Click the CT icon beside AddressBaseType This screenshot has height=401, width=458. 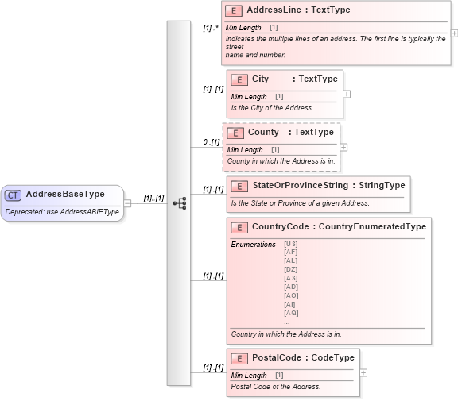click(x=14, y=195)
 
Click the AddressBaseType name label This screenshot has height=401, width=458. click(x=65, y=195)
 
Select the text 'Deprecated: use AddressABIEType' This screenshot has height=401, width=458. click(x=62, y=212)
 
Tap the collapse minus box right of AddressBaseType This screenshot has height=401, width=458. click(x=127, y=203)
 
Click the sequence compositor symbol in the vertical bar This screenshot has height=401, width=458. click(x=179, y=203)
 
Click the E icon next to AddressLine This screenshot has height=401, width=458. click(x=235, y=11)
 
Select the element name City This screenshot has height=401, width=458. click(x=260, y=79)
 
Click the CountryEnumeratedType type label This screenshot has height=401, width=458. click(x=372, y=227)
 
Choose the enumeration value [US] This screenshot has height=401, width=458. click(x=291, y=244)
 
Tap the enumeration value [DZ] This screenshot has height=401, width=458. click(x=291, y=269)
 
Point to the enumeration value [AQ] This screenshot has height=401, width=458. click(x=291, y=313)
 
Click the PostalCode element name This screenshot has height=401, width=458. click(x=276, y=358)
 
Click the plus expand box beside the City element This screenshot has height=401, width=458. click(x=347, y=94)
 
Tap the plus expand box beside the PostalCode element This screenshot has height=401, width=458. click(x=363, y=372)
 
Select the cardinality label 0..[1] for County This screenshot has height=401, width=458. click(x=211, y=142)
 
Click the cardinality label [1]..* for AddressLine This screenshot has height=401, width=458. click(x=211, y=28)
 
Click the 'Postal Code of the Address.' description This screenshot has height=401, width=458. click(x=276, y=387)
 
